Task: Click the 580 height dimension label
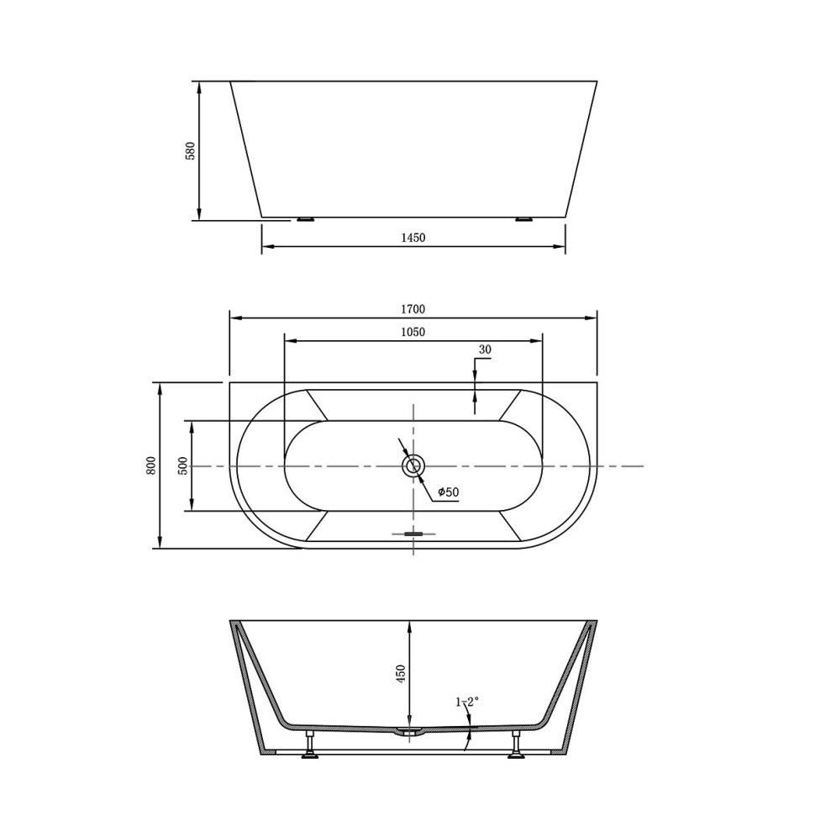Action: click(191, 150)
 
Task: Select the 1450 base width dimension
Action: click(413, 238)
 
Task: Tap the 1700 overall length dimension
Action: click(413, 309)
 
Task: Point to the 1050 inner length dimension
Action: click(413, 332)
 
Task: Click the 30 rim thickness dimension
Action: click(485, 350)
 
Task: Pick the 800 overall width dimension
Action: click(151, 465)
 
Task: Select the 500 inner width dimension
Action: click(183, 465)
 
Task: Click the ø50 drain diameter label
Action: click(449, 492)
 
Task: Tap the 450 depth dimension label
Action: click(401, 674)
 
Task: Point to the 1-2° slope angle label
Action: click(467, 702)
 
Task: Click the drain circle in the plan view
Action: click(413, 465)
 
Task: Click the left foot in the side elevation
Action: click(304, 220)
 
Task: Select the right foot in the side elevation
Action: click(524, 220)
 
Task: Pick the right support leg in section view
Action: click(516, 744)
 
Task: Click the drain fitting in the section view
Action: click(409, 733)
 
